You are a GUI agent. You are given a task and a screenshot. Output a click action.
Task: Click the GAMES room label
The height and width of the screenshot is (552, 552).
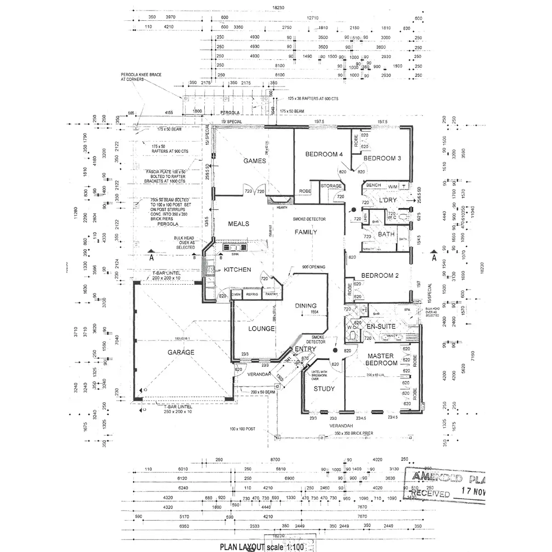(254, 161)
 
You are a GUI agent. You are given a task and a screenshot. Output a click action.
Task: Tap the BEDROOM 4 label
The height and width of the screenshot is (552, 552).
(324, 155)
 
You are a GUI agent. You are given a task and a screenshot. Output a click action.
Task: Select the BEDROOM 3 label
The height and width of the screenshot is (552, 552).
(382, 158)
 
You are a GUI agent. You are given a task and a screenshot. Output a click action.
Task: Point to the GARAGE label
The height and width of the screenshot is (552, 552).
(180, 352)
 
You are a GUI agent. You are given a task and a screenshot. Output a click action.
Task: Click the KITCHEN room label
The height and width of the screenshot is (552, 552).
(237, 270)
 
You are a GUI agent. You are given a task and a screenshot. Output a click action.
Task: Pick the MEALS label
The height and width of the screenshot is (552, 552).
(238, 224)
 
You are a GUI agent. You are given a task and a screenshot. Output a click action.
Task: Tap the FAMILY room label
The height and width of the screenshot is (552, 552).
(306, 232)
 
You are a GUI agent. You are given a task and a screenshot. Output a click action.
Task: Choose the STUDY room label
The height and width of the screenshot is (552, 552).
(324, 389)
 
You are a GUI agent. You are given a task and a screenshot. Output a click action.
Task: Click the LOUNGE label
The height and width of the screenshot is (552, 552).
(261, 329)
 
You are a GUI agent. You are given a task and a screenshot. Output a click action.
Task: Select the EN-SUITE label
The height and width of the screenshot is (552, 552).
(381, 327)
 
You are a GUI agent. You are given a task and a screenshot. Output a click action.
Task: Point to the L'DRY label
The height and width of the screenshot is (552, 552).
(387, 200)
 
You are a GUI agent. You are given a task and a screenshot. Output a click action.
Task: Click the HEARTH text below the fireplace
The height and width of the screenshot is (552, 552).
(282, 207)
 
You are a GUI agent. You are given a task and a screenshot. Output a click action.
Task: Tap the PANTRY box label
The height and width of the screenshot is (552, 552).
(271, 294)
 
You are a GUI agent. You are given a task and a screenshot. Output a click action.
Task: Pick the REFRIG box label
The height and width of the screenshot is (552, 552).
(252, 294)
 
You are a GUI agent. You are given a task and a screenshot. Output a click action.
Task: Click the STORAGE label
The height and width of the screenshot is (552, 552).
(331, 186)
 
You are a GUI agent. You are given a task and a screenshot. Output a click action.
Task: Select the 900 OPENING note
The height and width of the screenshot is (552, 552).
(314, 267)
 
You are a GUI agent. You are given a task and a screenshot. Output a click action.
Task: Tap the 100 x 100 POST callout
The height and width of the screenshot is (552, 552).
(242, 429)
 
